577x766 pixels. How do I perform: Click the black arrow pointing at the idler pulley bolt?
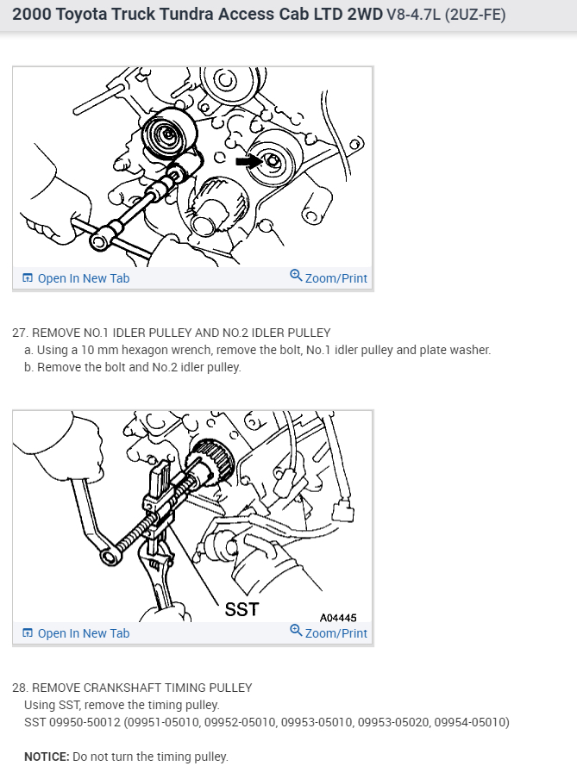[x=248, y=161]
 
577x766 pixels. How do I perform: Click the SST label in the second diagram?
[x=241, y=610]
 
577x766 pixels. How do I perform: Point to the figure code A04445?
[x=338, y=618]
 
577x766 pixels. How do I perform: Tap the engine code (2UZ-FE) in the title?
[x=475, y=15]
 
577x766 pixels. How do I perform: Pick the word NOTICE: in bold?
[x=47, y=757]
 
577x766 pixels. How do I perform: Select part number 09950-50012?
[x=85, y=722]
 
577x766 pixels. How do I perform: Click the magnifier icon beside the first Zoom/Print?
[x=296, y=276]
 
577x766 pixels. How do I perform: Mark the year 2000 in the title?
[x=32, y=14]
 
